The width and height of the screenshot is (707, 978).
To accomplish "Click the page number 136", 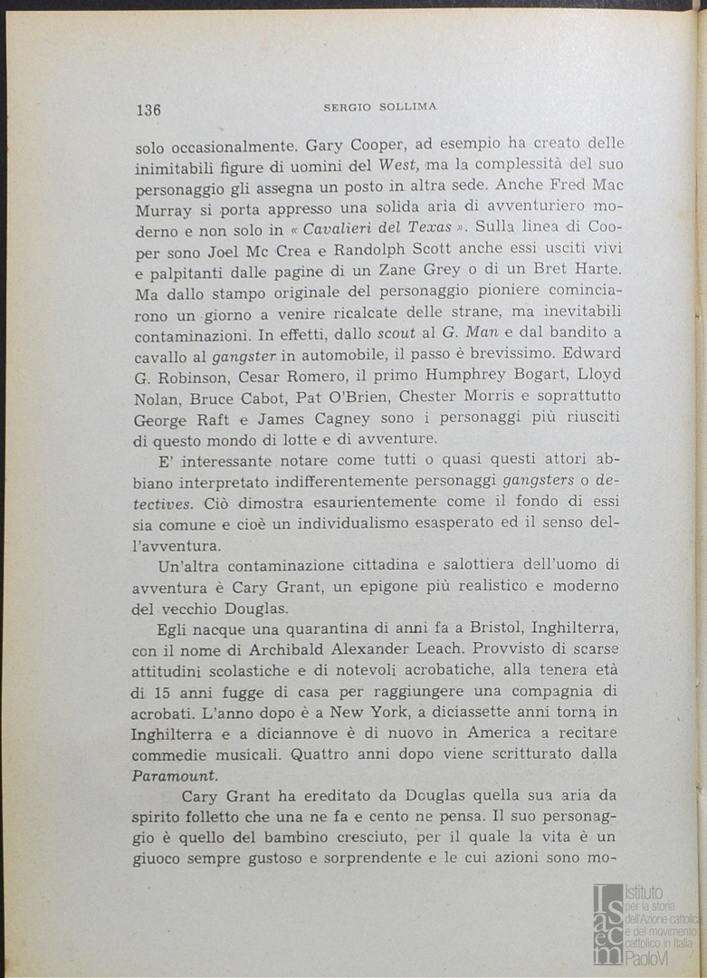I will click(x=148, y=110).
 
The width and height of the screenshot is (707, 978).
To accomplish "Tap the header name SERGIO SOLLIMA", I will click(x=380, y=107).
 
